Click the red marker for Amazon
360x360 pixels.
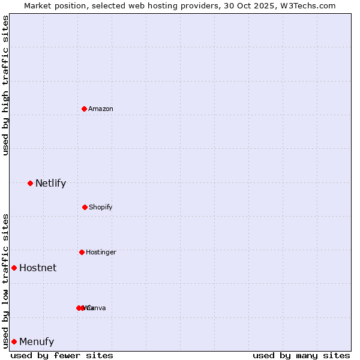pos(84,109)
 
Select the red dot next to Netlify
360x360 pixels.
pos(30,183)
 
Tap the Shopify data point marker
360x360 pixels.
pos(85,207)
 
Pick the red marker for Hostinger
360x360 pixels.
pos(82,252)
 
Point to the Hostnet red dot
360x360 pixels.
pos(14,268)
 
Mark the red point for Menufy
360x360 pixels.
pos(14,341)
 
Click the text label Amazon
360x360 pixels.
pos(101,109)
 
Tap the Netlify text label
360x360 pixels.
pos(50,183)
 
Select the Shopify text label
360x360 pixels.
pos(101,207)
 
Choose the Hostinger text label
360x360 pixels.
pos(101,252)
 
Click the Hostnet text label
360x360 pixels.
pos(38,268)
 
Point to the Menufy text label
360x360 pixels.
pos(37,341)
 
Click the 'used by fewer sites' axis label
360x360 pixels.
pos(62,355)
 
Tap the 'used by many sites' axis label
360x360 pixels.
pos(301,355)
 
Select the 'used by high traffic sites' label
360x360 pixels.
pos(5,85)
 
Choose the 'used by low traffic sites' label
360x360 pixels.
pos(5,281)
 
